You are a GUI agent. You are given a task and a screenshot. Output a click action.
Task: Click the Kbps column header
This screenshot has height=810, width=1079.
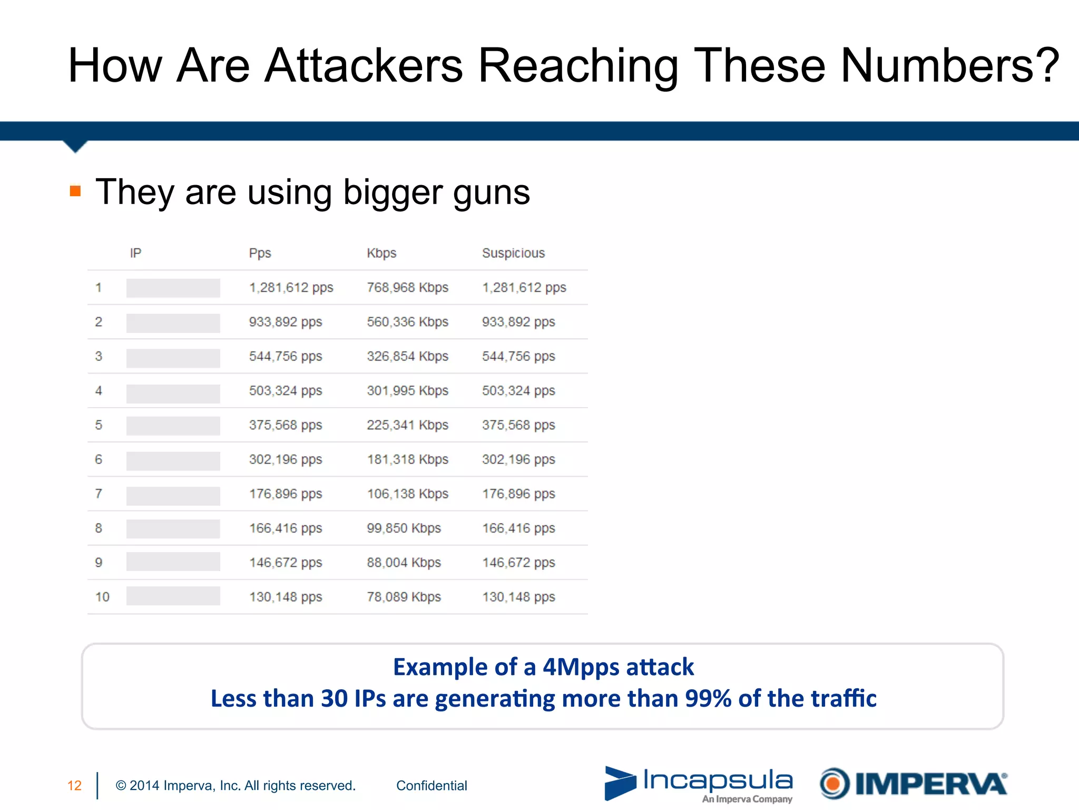(x=381, y=253)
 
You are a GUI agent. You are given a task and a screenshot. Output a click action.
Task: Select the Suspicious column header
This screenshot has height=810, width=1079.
(x=513, y=253)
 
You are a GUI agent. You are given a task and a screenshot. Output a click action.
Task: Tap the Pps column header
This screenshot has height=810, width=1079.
(x=260, y=253)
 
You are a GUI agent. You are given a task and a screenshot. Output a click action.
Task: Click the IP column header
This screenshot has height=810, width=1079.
(x=135, y=253)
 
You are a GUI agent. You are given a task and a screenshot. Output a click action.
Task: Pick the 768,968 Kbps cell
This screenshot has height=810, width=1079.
(x=407, y=287)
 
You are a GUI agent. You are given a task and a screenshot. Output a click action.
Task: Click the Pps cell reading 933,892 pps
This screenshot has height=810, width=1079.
(x=285, y=322)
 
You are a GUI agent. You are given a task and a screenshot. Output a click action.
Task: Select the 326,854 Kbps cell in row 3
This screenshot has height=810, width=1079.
(x=407, y=356)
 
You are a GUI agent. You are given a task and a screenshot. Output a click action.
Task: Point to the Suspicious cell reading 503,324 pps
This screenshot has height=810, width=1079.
(x=518, y=391)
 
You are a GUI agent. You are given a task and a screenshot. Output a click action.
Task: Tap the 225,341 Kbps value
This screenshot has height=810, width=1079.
(x=407, y=425)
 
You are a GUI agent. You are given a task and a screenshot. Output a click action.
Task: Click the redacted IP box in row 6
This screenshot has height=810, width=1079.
(x=173, y=460)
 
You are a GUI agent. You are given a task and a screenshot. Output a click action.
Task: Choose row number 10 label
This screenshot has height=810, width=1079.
(x=102, y=597)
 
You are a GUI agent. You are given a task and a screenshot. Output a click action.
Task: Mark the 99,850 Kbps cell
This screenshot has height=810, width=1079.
(x=404, y=528)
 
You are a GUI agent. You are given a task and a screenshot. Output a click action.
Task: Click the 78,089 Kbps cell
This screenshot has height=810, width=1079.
(x=404, y=597)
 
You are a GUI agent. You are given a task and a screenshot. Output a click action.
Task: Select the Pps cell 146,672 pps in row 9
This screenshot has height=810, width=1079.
(x=285, y=563)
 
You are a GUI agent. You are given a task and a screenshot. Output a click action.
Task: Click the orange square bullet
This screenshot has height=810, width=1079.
(x=75, y=191)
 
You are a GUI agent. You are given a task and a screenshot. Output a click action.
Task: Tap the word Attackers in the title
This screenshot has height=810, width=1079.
(x=364, y=65)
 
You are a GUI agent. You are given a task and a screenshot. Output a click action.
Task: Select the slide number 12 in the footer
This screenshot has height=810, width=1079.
(x=74, y=786)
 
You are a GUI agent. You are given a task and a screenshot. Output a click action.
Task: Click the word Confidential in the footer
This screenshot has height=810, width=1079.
(x=431, y=786)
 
